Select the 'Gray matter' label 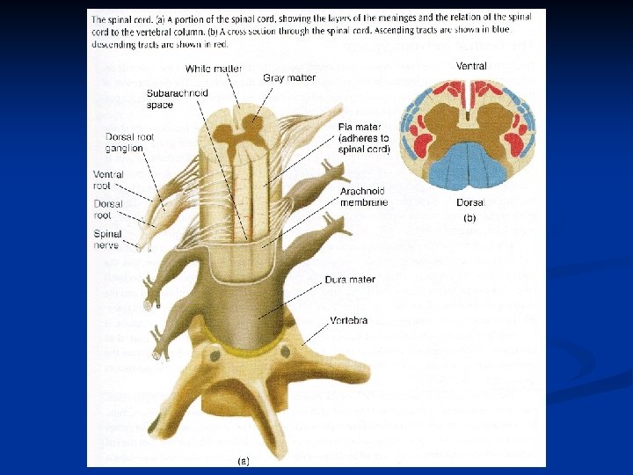[x=289, y=78]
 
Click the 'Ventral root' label [x=108, y=179]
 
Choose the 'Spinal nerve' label [x=107, y=238]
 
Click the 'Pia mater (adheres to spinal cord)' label [x=363, y=138]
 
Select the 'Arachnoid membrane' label [x=363, y=197]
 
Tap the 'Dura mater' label [x=351, y=280]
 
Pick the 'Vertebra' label [x=349, y=320]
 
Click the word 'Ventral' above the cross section [x=470, y=66]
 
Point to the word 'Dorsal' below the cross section [x=469, y=202]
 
